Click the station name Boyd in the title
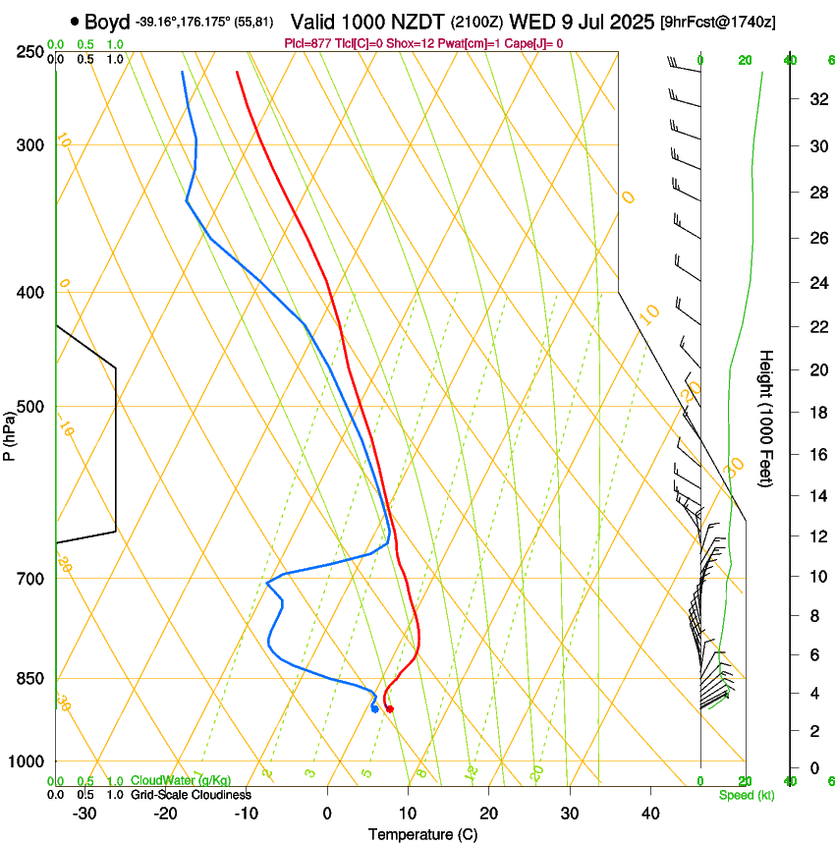[106, 22]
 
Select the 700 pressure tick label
[29, 578]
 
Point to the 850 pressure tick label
[29, 678]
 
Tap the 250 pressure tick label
[29, 51]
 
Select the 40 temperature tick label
[650, 814]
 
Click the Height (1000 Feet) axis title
[767, 418]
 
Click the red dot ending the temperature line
[390, 708]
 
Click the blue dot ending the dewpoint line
[375, 708]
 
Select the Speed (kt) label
[747, 795]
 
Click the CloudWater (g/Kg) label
[181, 781]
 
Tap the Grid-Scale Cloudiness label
[191, 795]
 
